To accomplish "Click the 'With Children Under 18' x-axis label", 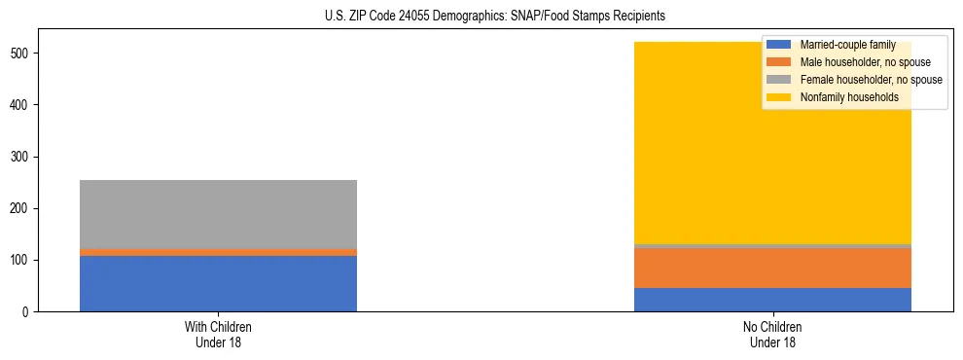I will point(218,335).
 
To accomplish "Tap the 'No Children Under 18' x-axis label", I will point(772,335).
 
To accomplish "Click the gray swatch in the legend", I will point(779,80).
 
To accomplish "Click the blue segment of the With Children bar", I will point(218,283).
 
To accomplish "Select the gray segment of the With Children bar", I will point(218,214).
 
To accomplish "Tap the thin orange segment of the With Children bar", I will point(218,252).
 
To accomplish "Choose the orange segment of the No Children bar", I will point(772,268).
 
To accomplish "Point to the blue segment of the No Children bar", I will point(772,300).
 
